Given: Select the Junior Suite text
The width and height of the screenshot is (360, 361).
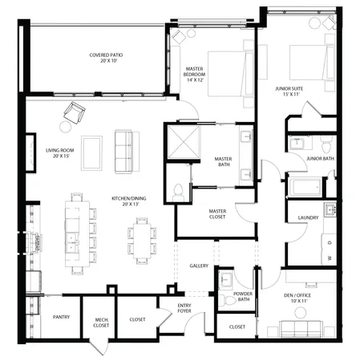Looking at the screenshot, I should coord(285,91).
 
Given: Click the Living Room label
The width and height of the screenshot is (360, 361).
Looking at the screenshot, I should coord(59,152).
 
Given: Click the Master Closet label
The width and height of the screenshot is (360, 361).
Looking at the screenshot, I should coord(216,214).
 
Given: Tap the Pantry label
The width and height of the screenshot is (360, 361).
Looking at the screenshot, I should coord(61,317).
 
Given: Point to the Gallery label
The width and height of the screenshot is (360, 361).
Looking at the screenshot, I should coord(200,266).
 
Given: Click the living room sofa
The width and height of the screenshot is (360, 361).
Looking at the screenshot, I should coord(124,152).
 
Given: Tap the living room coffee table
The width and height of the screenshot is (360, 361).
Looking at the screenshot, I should coord(91,152).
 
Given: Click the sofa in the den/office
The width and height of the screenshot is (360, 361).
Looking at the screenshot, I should coord(305,329).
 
